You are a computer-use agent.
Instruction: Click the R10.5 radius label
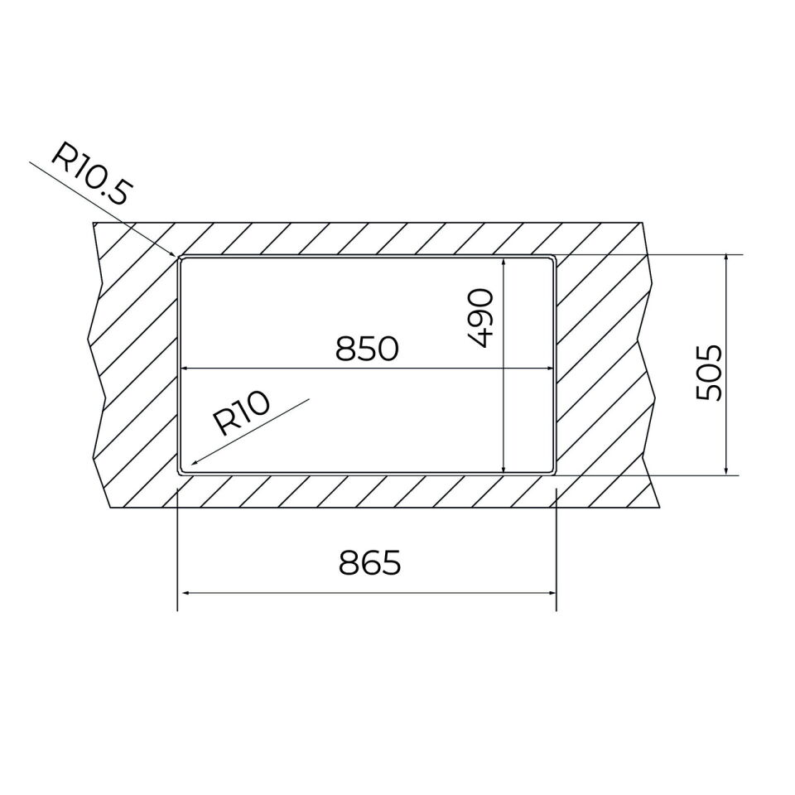[x=93, y=174]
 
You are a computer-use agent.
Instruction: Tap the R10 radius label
[x=240, y=413]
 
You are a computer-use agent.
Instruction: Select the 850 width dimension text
[x=367, y=349]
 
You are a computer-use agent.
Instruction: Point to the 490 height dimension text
[x=479, y=318]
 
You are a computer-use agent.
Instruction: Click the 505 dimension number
[x=709, y=373]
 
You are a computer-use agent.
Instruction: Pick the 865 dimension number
[x=369, y=562]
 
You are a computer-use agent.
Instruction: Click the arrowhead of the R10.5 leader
[x=173, y=253]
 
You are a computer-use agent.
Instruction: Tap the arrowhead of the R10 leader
[x=194, y=462]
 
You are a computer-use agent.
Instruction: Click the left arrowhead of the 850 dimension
[x=185, y=369]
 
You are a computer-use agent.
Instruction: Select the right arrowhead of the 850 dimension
[x=549, y=369]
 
